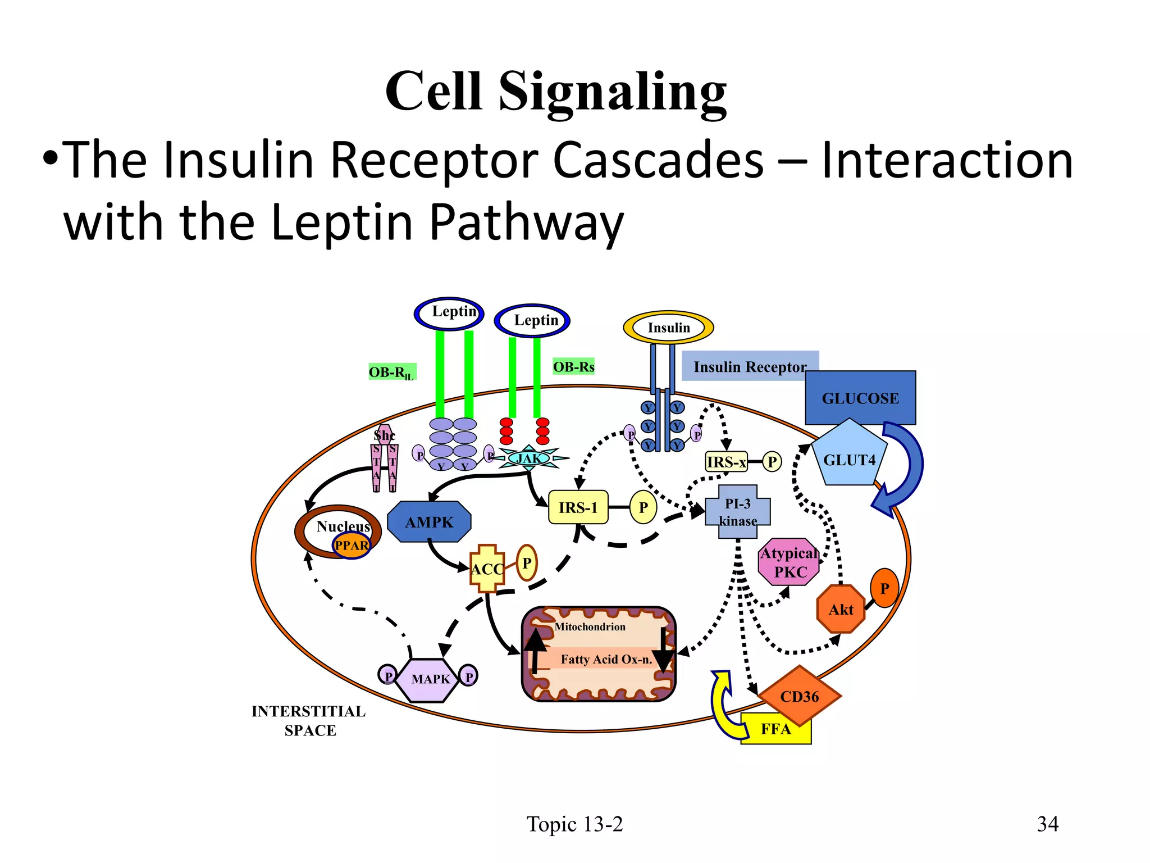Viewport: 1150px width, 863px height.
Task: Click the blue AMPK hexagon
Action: coord(429,522)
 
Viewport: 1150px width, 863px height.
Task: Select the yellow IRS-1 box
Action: coord(578,507)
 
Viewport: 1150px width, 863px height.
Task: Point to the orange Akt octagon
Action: coord(841,610)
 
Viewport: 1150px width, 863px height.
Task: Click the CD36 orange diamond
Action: coord(799,696)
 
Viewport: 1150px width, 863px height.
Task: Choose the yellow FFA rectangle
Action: coord(775,730)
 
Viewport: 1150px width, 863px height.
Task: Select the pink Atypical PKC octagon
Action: coord(789,562)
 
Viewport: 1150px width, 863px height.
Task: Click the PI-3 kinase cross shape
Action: coord(737,512)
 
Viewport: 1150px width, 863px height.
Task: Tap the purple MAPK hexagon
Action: coord(430,679)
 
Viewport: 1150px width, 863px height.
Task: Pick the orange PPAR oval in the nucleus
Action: coord(352,546)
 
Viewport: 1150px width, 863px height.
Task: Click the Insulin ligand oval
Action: coord(668,328)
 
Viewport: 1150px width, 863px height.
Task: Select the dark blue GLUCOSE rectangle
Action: coord(860,398)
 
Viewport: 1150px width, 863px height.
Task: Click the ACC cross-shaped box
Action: coord(487,569)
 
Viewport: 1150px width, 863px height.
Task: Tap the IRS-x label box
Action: coord(726,462)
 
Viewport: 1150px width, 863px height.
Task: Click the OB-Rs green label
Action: coord(573,367)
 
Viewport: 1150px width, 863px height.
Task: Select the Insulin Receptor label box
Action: coord(750,366)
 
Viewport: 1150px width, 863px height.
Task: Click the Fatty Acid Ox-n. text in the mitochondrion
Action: coord(606,659)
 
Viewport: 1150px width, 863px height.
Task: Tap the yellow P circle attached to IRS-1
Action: coord(643,507)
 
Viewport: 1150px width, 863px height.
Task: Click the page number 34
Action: coord(1047,824)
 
